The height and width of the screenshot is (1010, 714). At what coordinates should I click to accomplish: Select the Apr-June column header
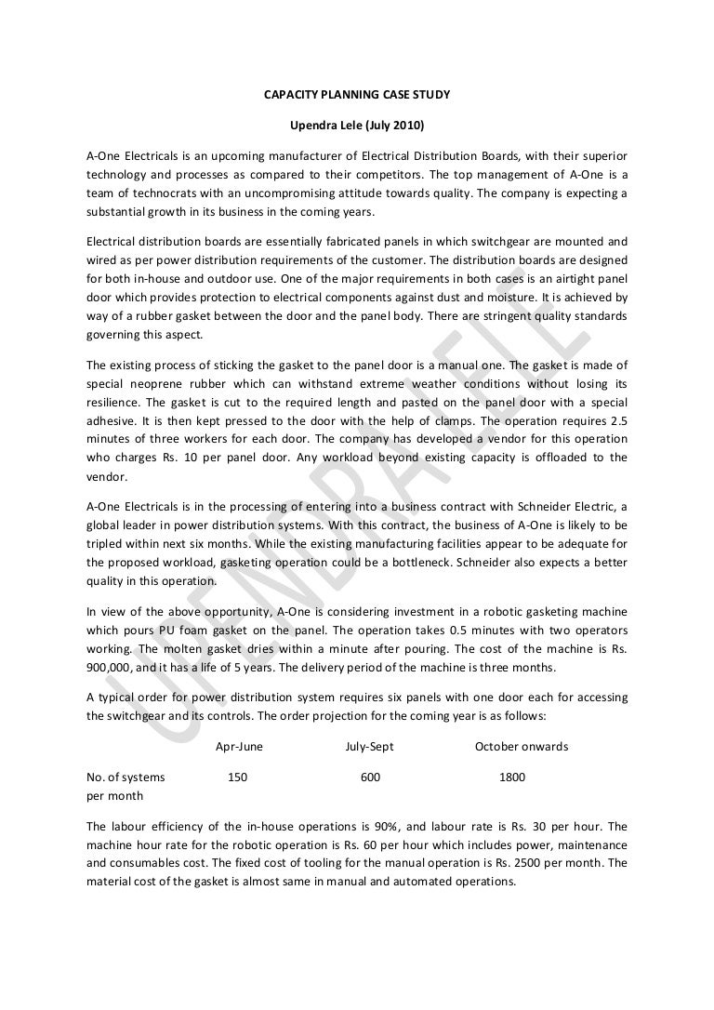[x=239, y=746]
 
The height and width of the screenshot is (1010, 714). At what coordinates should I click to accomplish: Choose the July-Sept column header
[x=369, y=746]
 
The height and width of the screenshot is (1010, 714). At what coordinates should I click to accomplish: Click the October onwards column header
[x=521, y=746]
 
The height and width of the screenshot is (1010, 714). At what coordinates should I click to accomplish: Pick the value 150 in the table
[x=238, y=777]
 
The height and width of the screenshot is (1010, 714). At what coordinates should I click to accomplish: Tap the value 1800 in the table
[x=512, y=777]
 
